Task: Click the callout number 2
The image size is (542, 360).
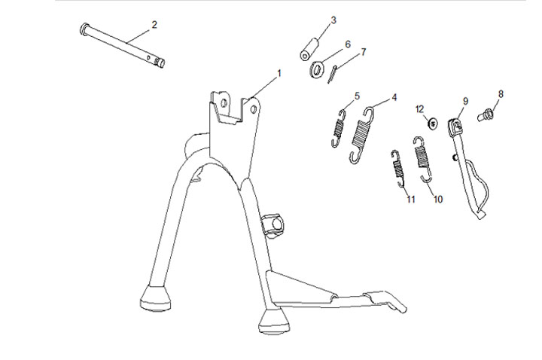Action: (154, 25)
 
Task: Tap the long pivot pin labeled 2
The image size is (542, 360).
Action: (123, 45)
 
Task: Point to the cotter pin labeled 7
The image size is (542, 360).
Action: (332, 74)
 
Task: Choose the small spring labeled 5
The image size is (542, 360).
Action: (339, 128)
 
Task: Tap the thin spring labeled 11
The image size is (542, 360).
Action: (397, 169)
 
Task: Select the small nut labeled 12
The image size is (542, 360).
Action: (432, 123)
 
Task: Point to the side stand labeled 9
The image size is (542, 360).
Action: (468, 169)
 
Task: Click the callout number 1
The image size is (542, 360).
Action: (279, 73)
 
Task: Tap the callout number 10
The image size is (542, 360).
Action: (437, 199)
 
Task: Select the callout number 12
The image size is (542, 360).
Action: (419, 109)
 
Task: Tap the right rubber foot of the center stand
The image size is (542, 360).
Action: (274, 321)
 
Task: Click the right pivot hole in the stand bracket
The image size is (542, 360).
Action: (254, 109)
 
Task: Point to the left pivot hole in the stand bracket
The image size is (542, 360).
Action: (224, 102)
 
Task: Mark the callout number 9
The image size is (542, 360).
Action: (465, 101)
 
